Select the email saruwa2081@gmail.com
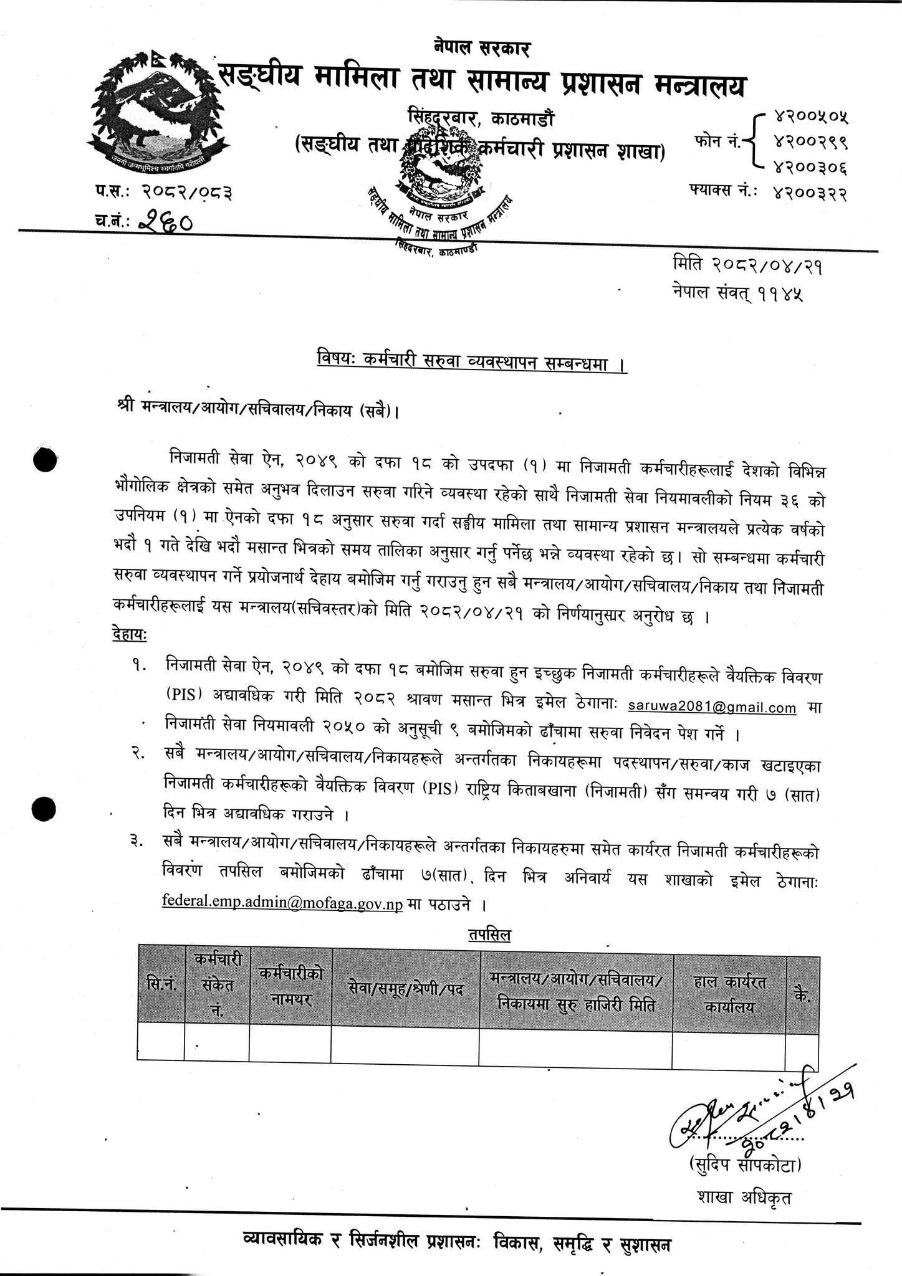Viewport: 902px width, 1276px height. coord(712,707)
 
